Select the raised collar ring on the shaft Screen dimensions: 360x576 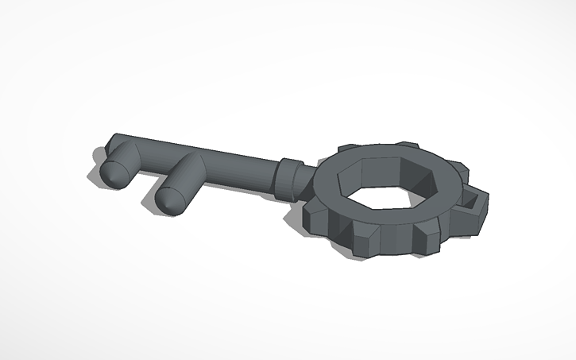(x=290, y=178)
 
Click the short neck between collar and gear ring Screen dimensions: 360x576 (x=306, y=180)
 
